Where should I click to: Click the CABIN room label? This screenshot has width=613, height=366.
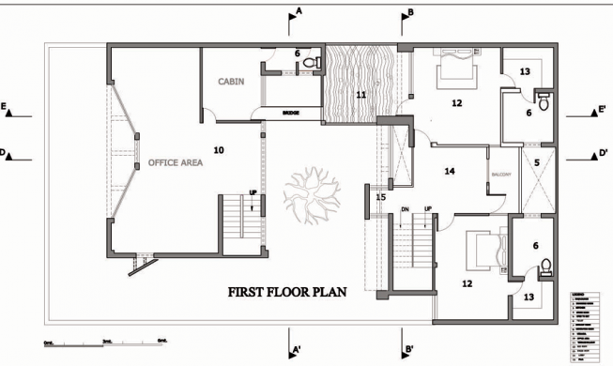point(231,82)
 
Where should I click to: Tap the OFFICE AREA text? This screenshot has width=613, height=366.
point(175,162)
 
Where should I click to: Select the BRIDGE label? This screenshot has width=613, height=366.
point(290,113)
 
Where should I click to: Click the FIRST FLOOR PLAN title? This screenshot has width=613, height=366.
point(287,292)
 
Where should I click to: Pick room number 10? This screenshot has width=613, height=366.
point(218,149)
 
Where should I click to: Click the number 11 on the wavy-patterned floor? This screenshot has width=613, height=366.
point(360,94)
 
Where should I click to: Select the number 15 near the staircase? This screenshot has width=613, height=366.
point(380,197)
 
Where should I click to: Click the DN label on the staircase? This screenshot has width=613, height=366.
point(404,208)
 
